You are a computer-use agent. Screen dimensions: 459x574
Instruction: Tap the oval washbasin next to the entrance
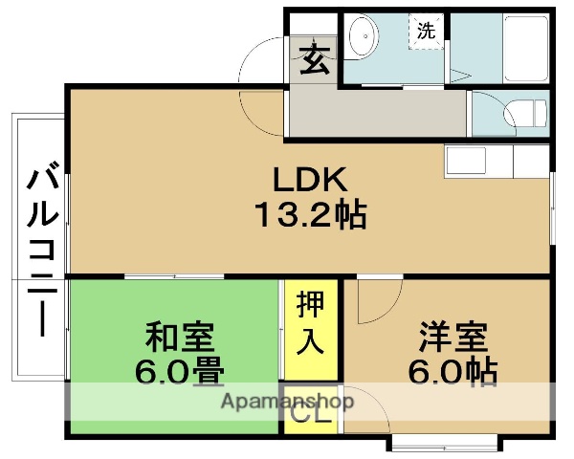tap(363, 39)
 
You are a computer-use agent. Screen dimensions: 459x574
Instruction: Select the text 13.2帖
tap(309, 216)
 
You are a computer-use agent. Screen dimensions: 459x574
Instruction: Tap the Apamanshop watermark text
tap(286, 401)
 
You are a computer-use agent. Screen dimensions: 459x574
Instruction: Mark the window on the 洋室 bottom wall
tap(444, 444)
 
